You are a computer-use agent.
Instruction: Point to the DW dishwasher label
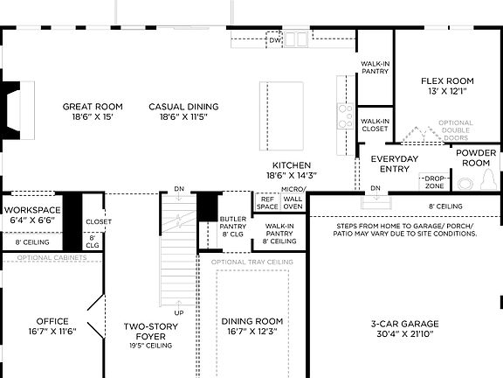(274, 40)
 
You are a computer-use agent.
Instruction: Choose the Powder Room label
(477, 157)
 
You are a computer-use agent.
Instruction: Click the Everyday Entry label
(395, 164)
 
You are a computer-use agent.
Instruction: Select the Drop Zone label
(434, 182)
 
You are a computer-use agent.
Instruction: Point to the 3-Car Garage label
(403, 328)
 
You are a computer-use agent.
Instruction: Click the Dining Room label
(251, 325)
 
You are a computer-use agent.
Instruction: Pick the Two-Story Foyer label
(150, 332)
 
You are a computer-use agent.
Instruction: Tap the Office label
(52, 325)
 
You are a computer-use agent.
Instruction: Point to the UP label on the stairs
(180, 312)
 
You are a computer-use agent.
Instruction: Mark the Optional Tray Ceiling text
(251, 262)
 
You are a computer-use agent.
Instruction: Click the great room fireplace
(10, 111)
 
